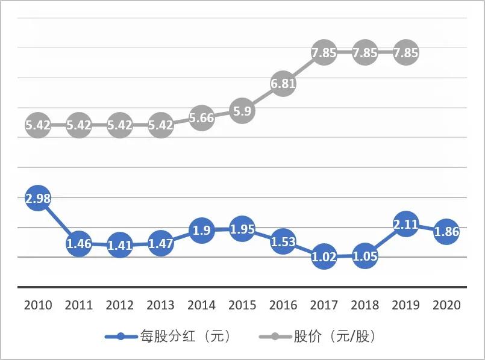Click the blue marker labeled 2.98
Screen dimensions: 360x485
[38, 199]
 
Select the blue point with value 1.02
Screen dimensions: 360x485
[324, 256]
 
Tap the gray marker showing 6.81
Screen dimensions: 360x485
[283, 84]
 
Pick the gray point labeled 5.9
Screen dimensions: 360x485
[242, 111]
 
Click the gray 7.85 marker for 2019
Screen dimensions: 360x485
[405, 53]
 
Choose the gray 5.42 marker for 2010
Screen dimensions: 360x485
[38, 125]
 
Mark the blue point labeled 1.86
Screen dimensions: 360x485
[446, 232]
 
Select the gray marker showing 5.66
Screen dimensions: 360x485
[201, 118]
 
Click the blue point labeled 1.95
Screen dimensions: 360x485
[242, 229]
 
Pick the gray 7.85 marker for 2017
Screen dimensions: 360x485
[324, 53]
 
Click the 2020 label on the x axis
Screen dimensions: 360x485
[446, 305]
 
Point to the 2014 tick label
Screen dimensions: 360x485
[201, 305]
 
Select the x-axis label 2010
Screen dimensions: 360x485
[38, 305]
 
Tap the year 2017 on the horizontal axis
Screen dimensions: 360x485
[324, 305]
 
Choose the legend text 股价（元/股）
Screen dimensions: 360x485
[334, 337]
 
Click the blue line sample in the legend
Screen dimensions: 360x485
[120, 337]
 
